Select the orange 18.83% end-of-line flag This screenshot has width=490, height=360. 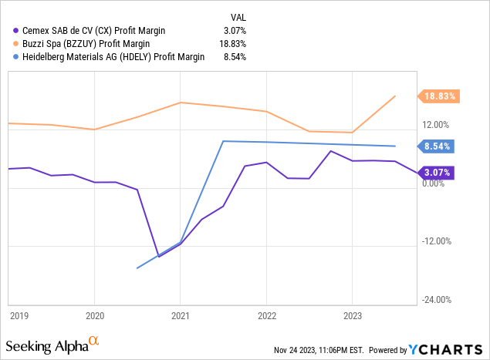point(438,96)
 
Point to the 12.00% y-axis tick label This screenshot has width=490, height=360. point(436,125)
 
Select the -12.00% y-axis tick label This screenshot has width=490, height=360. point(434,241)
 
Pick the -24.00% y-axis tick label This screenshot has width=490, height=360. point(434,300)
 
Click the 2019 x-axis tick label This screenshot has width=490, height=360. point(18,315)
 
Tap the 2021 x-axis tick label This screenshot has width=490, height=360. point(180,315)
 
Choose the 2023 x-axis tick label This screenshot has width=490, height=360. point(352,315)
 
